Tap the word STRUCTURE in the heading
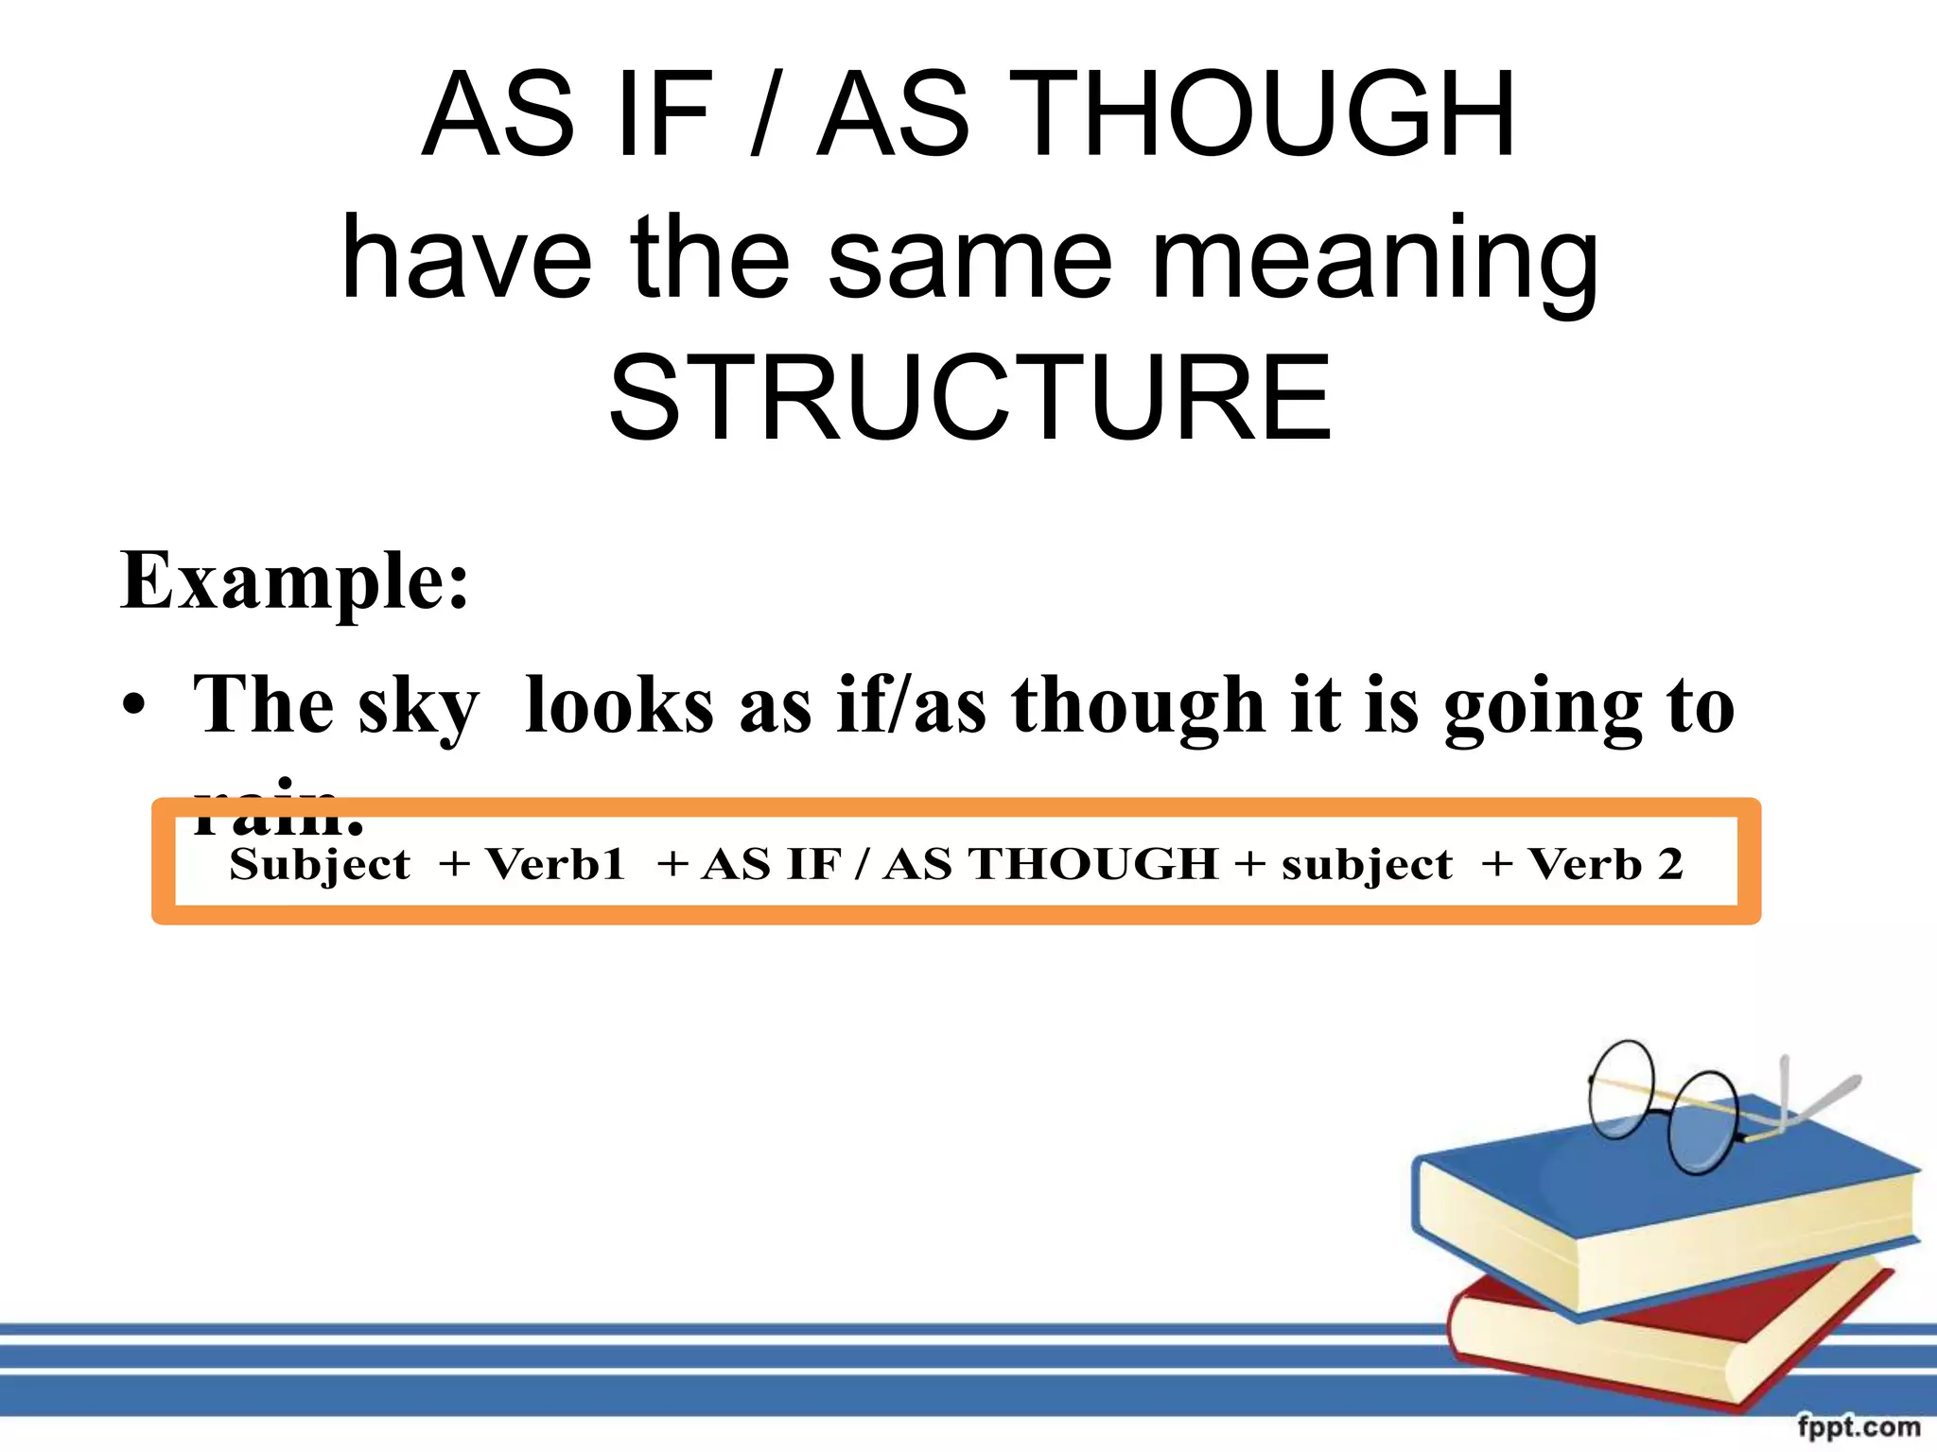click(970, 397)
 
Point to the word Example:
click(294, 580)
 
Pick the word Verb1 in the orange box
click(555, 864)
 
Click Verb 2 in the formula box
click(1606, 864)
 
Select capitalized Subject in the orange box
click(320, 864)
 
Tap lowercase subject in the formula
click(1367, 864)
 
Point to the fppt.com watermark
click(1858, 1426)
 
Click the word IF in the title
click(662, 115)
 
